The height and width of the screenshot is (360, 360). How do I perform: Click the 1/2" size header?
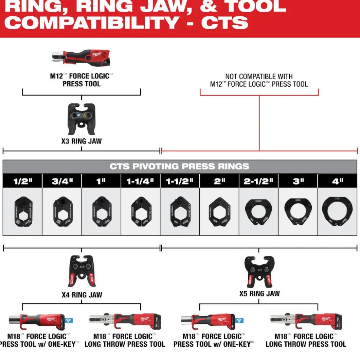[23, 181]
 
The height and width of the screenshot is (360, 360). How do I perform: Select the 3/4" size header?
[62, 181]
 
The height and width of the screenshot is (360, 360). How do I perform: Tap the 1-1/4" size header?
[141, 181]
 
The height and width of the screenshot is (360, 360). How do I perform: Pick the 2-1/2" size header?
[259, 181]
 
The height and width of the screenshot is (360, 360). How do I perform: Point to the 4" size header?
[338, 181]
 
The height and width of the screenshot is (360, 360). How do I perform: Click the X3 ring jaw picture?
[81, 119]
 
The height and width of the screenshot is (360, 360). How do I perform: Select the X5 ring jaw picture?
[259, 272]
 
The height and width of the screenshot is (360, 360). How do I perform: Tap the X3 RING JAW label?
[81, 141]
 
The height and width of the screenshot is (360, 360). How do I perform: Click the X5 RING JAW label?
[259, 294]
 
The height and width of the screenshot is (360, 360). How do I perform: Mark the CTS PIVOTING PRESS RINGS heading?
[180, 166]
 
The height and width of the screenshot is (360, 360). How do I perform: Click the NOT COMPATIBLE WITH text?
[259, 77]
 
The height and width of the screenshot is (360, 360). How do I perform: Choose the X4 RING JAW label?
[82, 295]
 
